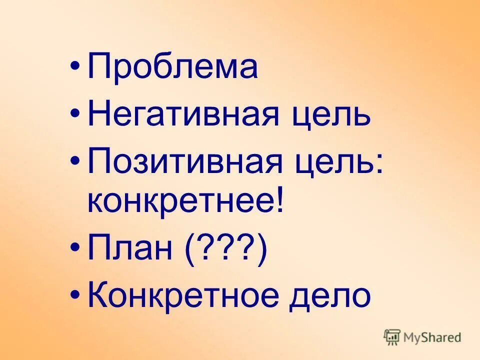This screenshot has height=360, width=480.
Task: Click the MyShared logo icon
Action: pyautogui.click(x=392, y=337)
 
